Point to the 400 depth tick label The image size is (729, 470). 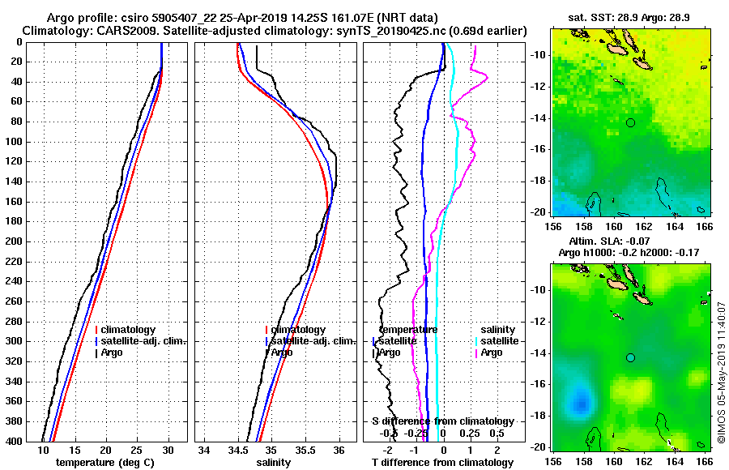(15, 442)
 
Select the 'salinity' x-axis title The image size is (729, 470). (275, 462)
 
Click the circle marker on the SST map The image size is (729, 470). (630, 122)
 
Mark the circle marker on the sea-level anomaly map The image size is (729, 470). (630, 357)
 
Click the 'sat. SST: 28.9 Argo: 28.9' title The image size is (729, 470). (628, 17)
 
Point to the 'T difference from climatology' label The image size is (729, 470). (441, 462)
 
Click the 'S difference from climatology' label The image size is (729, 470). (443, 421)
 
